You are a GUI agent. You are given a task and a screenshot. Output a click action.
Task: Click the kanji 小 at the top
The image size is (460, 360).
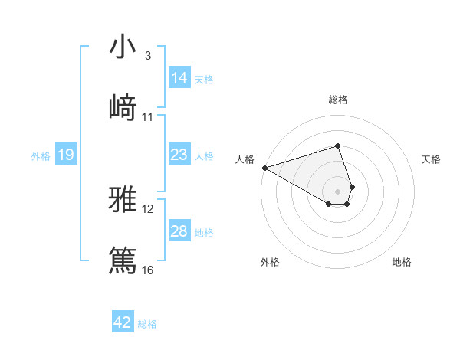pyautogui.click(x=123, y=48)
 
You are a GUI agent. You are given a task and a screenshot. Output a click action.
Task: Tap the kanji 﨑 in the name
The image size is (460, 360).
pyautogui.click(x=123, y=107)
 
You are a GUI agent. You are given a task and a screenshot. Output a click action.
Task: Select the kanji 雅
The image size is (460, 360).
pyautogui.click(x=123, y=200)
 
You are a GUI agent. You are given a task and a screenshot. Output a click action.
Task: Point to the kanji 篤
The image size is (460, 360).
pyautogui.click(x=123, y=259)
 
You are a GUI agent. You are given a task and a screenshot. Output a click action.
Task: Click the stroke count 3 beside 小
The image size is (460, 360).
pyautogui.click(x=147, y=56)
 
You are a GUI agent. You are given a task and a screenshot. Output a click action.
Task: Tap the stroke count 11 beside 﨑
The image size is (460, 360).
pyautogui.click(x=148, y=116)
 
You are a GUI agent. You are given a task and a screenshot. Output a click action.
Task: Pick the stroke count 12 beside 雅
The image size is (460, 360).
pyautogui.click(x=148, y=208)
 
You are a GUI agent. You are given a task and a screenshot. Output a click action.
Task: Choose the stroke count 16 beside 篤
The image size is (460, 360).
pyautogui.click(x=148, y=269)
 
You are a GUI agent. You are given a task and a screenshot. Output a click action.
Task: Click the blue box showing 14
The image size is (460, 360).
pyautogui.click(x=179, y=78)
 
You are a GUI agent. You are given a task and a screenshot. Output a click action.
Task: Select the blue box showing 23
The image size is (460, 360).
pyautogui.click(x=179, y=155)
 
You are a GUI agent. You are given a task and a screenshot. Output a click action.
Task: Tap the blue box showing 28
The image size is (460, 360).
pyautogui.click(x=179, y=231)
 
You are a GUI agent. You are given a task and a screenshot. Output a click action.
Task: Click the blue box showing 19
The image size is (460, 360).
pyautogui.click(x=66, y=155)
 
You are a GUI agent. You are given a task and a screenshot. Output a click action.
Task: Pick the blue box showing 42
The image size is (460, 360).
pyautogui.click(x=123, y=322)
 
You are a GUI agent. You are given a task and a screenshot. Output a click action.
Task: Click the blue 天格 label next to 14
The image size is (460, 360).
pyautogui.click(x=204, y=79)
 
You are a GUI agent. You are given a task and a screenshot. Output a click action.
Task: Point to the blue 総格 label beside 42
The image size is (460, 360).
pyautogui.click(x=147, y=324)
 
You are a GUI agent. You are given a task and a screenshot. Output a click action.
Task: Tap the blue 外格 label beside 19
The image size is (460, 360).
pyautogui.click(x=41, y=156)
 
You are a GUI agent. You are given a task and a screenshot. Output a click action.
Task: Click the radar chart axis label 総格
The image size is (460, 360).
pyautogui.click(x=338, y=100)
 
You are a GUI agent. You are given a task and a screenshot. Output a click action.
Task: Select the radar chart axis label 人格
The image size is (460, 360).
pyautogui.click(x=245, y=159)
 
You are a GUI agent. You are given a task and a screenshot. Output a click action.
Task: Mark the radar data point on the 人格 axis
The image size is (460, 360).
pyautogui.click(x=264, y=168)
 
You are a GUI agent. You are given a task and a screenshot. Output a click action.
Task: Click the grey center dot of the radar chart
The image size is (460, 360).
pyautogui.click(x=338, y=191)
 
